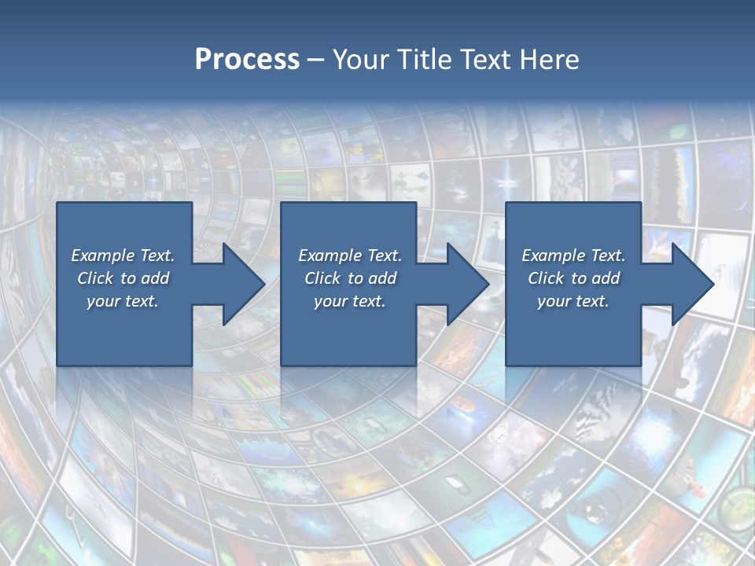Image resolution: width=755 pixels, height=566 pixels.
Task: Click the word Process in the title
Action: (x=247, y=59)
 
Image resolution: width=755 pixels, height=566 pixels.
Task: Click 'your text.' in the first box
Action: (x=123, y=301)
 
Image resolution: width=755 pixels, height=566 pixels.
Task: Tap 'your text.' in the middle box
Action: (x=349, y=301)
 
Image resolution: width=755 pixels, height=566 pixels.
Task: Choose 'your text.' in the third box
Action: (x=573, y=301)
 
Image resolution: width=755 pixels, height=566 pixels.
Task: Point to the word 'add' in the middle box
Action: (x=382, y=278)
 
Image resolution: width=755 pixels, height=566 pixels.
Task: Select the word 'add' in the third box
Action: (x=606, y=278)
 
